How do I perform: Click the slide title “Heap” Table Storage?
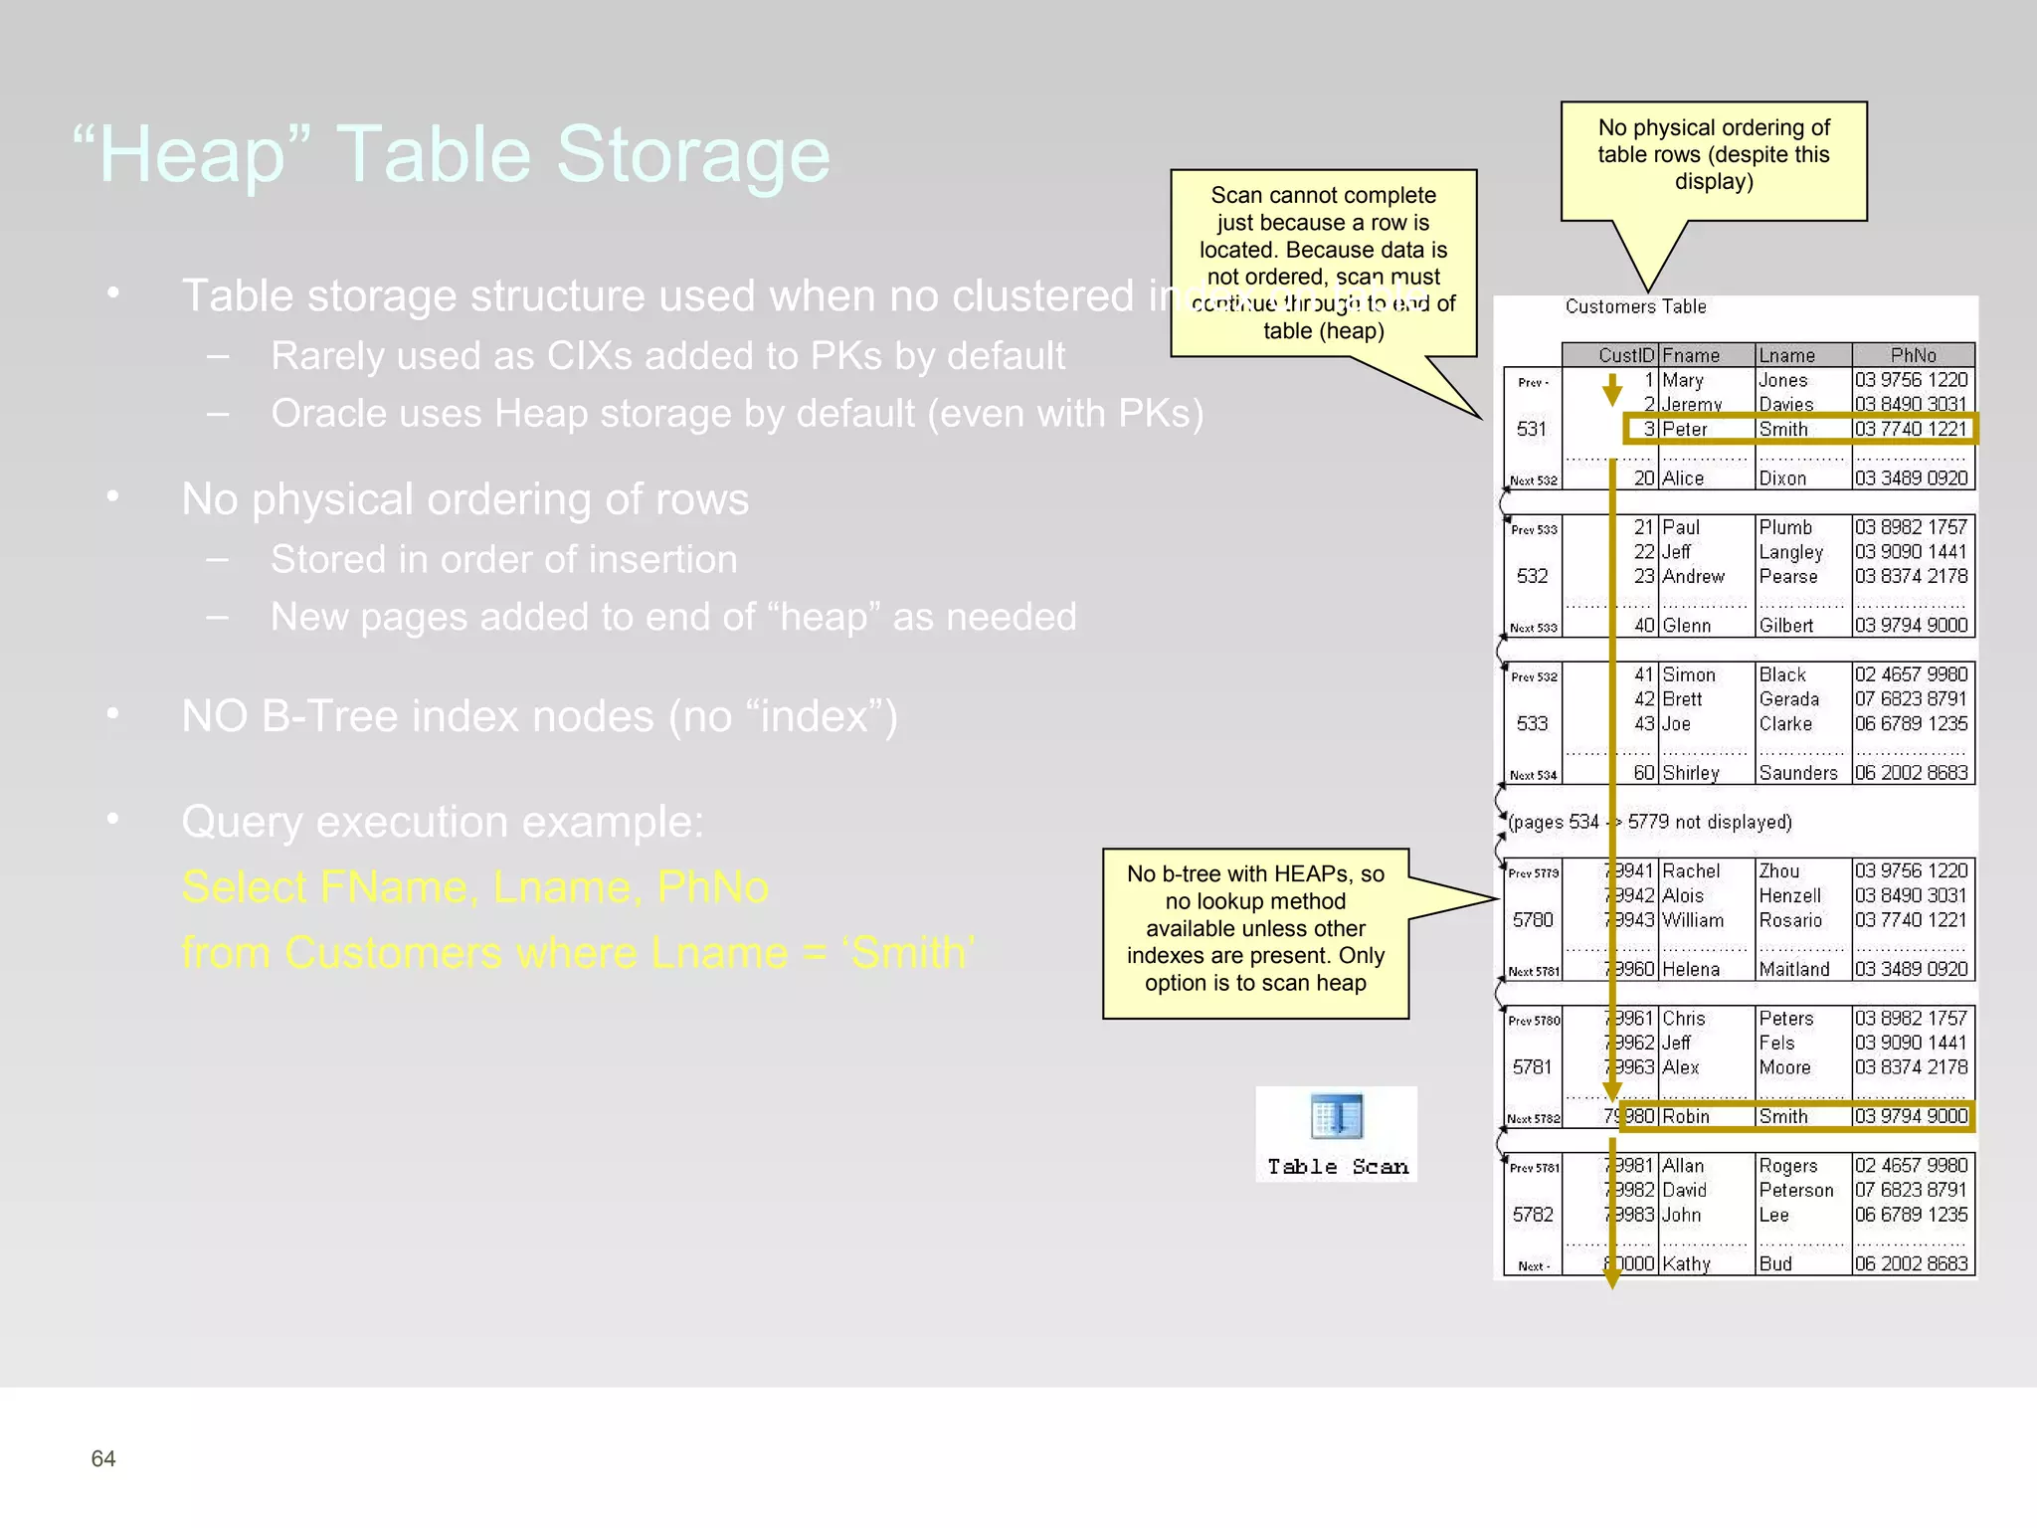(452, 154)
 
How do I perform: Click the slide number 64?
(103, 1458)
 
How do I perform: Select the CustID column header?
(1625, 355)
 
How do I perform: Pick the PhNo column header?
(1913, 355)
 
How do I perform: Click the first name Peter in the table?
(1685, 430)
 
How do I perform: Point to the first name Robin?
(1686, 1117)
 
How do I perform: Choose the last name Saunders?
(1798, 773)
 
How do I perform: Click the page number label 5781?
(1532, 1067)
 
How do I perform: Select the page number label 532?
(1532, 576)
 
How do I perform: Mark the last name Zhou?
(1779, 871)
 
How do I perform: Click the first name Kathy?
(1687, 1264)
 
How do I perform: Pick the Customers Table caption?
(1635, 306)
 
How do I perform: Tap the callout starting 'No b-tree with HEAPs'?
(1255, 928)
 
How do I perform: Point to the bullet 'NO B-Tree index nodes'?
(539, 716)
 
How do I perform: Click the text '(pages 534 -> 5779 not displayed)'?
(1650, 822)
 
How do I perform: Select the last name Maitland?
(1794, 969)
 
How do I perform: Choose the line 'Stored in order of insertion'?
(504, 559)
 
